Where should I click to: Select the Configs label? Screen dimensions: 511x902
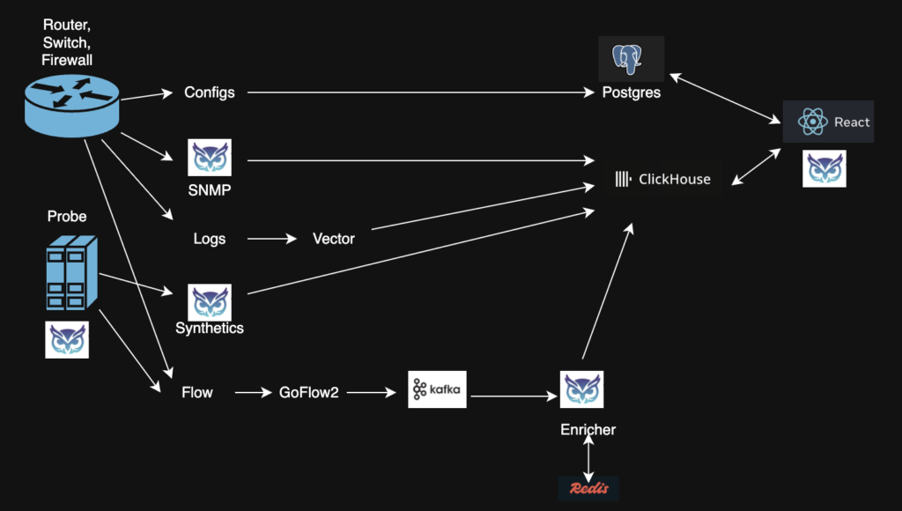210,93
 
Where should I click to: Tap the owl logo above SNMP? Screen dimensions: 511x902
210,158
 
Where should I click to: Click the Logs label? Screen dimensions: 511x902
210,239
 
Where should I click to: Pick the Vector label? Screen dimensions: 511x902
334,239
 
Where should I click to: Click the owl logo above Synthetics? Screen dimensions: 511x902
210,302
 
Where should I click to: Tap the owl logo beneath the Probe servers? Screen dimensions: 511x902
67,339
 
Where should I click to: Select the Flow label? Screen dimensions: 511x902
197,392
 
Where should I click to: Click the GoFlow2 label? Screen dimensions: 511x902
308,392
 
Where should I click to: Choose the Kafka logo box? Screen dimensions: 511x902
436,389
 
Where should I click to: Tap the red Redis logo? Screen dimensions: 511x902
588,488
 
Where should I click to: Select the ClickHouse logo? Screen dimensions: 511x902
662,180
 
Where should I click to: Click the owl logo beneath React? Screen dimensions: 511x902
824,168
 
